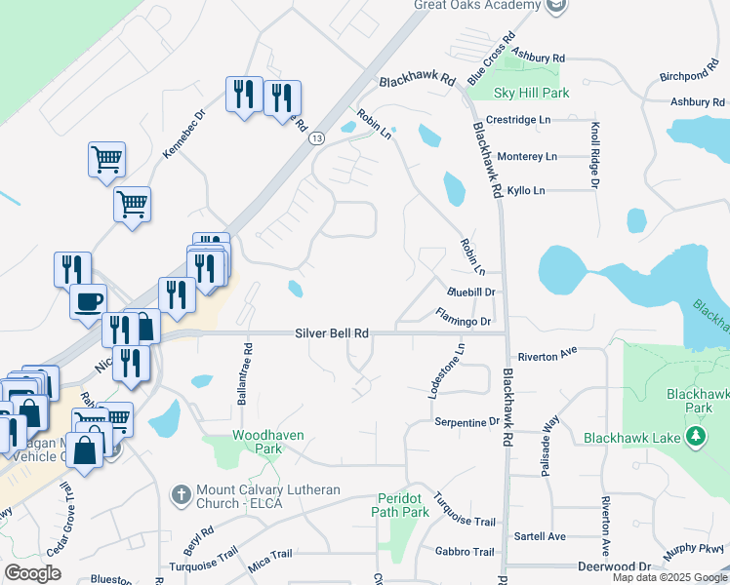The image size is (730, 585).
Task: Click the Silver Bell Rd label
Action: click(332, 332)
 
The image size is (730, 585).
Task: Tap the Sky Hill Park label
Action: click(531, 94)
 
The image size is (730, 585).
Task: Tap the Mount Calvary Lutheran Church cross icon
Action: click(180, 495)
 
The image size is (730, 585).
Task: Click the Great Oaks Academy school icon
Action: click(556, 6)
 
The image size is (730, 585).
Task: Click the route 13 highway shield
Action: click(316, 139)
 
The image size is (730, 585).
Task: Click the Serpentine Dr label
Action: click(466, 421)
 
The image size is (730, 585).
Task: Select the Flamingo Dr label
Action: click(464, 316)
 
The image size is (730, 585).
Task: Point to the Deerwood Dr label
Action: click(614, 565)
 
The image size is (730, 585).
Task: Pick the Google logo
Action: click(32, 573)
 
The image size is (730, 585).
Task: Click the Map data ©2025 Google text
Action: click(669, 578)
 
